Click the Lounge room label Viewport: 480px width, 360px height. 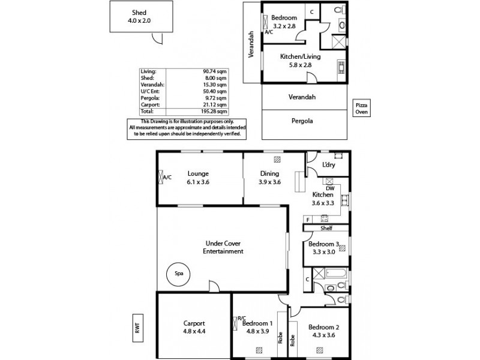click(197, 173)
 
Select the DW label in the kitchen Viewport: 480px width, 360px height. click(329, 188)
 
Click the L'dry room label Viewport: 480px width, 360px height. click(328, 165)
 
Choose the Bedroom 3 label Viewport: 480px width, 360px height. click(324, 244)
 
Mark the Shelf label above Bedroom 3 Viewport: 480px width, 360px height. click(326, 228)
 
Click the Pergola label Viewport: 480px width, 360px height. click(303, 121)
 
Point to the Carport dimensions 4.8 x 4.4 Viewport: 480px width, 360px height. click(194, 330)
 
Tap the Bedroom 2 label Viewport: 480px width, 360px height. click(323, 327)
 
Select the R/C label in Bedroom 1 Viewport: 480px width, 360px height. click(242, 319)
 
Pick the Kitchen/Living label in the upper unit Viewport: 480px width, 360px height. click(301, 56)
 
